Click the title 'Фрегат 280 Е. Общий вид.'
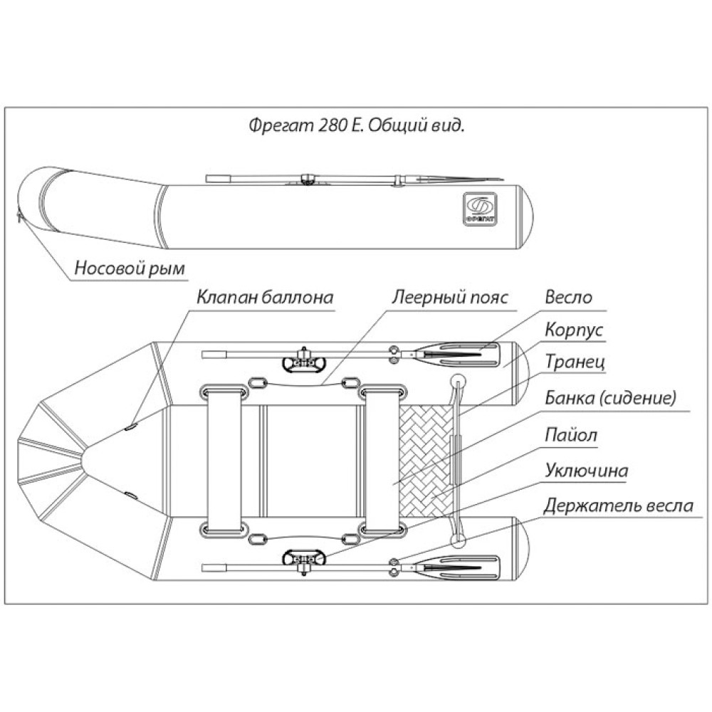tap(357, 125)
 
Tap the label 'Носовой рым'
tap(130, 268)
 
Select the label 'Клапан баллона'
tap(265, 298)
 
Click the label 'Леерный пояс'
tap(449, 298)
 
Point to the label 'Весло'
tap(568, 298)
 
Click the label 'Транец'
tap(574, 362)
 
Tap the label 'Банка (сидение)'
tap(609, 398)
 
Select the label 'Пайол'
tap(571, 434)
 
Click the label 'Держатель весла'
tap(617, 506)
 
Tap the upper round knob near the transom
tap(457, 380)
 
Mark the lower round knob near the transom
tap(457, 541)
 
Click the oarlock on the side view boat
tap(308, 178)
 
